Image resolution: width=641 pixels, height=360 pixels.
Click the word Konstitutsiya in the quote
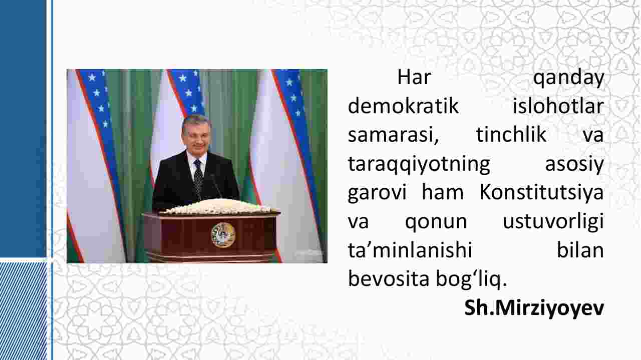pyautogui.click(x=541, y=193)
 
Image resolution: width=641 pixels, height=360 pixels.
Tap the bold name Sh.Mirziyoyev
pyautogui.click(x=534, y=308)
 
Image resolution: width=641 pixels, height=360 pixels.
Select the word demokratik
pyautogui.click(x=403, y=106)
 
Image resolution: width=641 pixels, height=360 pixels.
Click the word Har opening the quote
pyautogui.click(x=414, y=77)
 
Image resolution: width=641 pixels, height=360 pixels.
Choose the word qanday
pyautogui.click(x=568, y=78)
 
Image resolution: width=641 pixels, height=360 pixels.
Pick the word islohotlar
pyautogui.click(x=558, y=106)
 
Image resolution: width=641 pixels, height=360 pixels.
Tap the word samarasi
pyautogui.click(x=393, y=136)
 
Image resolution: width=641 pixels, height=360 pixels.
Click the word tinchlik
pyautogui.click(x=511, y=135)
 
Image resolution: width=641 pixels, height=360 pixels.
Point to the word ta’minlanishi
pyautogui.click(x=410, y=250)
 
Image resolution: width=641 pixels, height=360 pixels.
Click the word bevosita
pyautogui.click(x=388, y=279)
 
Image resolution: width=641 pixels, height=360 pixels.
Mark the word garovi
pyautogui.click(x=377, y=193)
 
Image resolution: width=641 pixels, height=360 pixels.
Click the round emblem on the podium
pyautogui.click(x=223, y=235)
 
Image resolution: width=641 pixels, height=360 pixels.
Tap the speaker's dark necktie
pyautogui.click(x=198, y=179)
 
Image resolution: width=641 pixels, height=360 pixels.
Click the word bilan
pyautogui.click(x=580, y=250)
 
